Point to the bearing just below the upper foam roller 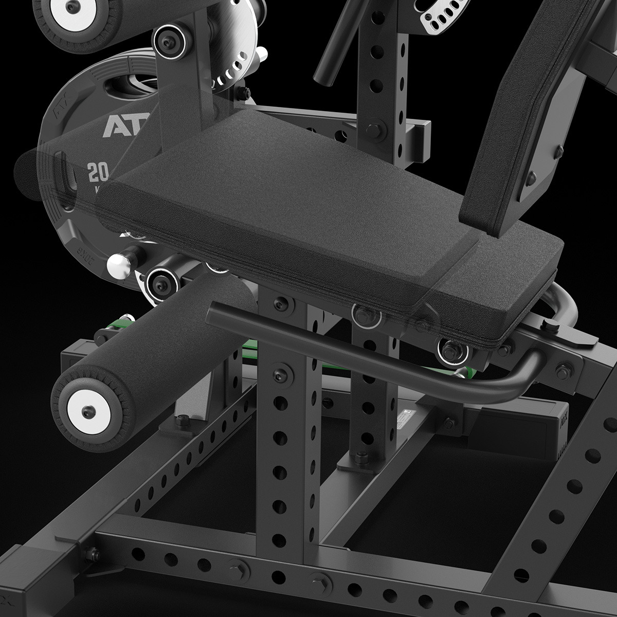[x=166, y=38]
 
